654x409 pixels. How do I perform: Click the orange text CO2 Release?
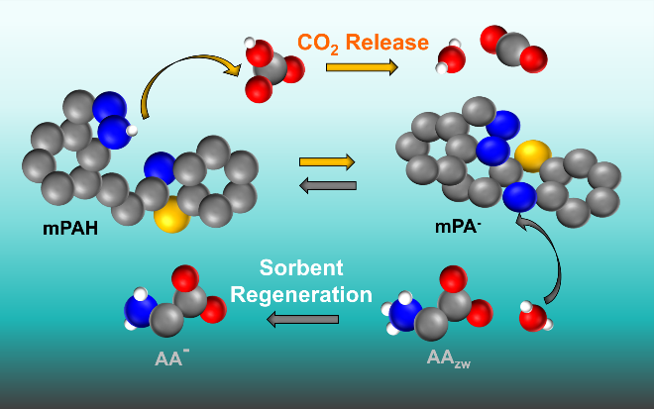(x=364, y=43)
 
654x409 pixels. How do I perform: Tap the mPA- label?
(x=459, y=226)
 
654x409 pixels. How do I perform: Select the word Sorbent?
(x=302, y=268)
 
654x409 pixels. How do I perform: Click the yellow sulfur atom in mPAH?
(x=172, y=214)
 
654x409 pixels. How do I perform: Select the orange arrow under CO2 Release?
(x=362, y=67)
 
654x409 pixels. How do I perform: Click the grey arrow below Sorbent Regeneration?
(x=302, y=319)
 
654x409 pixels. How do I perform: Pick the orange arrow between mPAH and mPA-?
(x=327, y=161)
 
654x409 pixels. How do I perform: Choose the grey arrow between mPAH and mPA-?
(x=327, y=184)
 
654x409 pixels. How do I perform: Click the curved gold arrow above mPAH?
(x=188, y=79)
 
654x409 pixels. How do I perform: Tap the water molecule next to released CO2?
(x=451, y=58)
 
